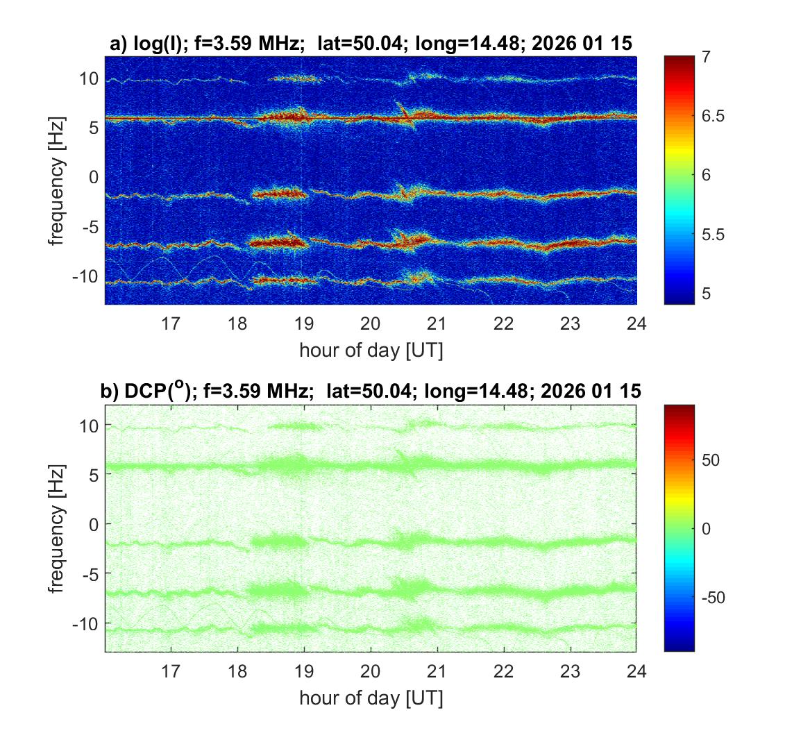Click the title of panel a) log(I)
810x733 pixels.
tap(371, 43)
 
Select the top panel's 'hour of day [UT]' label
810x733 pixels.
tap(371, 351)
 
